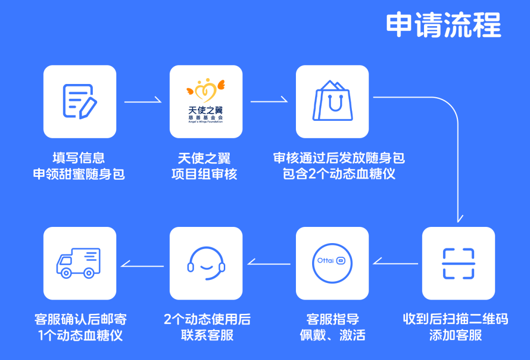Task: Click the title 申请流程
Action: [443, 25]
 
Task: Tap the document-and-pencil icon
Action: [80, 101]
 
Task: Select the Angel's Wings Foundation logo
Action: [206, 102]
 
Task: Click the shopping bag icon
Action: [332, 101]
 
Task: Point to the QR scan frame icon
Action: [458, 263]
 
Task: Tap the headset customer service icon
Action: [206, 263]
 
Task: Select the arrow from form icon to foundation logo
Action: [143, 101]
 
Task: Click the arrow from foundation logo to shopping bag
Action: [269, 101]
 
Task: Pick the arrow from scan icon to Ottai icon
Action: [395, 263]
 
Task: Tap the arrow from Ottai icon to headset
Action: [269, 263]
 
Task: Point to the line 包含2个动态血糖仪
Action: [339, 174]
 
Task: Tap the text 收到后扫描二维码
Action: [455, 319]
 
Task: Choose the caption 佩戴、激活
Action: [333, 335]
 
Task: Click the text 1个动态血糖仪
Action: [80, 335]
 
